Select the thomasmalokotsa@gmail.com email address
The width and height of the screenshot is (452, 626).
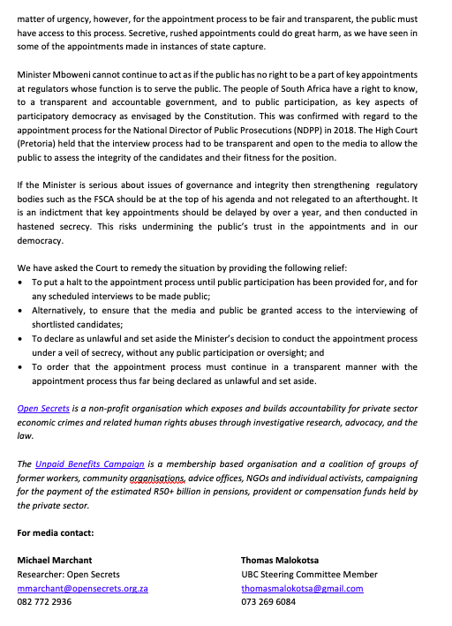pyautogui.click(x=301, y=588)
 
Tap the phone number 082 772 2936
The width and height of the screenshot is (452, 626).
pyautogui.click(x=45, y=601)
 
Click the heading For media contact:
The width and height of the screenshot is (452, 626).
pyautogui.click(x=55, y=532)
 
